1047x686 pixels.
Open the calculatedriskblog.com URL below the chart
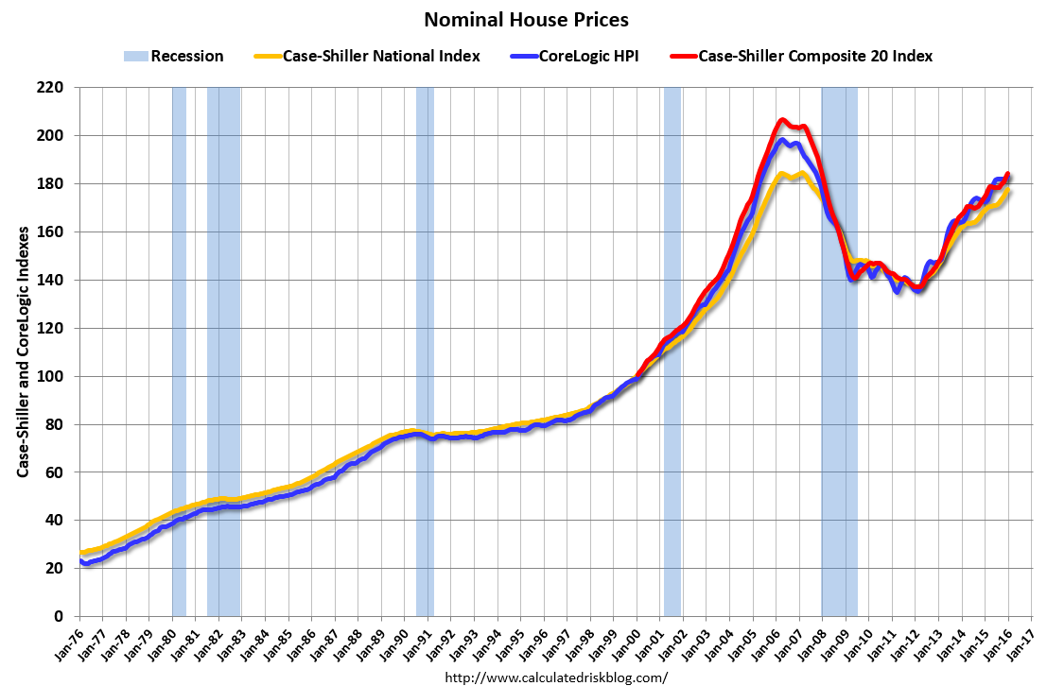(555, 677)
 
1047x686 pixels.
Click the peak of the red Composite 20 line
(782, 120)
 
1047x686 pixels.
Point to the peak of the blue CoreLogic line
(782, 140)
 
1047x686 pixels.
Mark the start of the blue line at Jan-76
(82, 561)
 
